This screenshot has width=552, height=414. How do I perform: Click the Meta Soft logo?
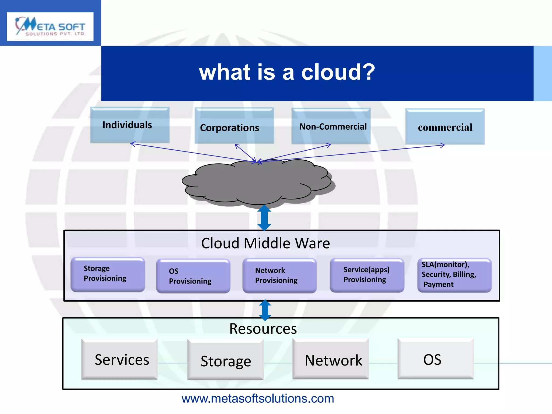click(x=50, y=26)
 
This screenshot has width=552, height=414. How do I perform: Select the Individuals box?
click(x=130, y=125)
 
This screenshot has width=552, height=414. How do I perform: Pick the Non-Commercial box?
click(x=331, y=126)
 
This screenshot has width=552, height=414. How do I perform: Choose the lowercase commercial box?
click(x=445, y=127)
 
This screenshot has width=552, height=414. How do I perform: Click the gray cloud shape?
click(x=257, y=183)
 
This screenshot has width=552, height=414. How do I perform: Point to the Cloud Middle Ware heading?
click(x=265, y=243)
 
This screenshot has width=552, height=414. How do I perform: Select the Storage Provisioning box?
click(x=108, y=274)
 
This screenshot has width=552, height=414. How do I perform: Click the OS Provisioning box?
click(x=193, y=276)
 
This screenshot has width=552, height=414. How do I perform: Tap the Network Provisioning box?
click(x=280, y=275)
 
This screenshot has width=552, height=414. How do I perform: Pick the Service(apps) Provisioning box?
click(x=367, y=275)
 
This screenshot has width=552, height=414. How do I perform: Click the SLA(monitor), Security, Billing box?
click(x=454, y=275)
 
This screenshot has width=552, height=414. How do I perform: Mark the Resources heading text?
click(x=263, y=329)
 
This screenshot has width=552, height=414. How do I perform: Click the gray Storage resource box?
click(x=226, y=361)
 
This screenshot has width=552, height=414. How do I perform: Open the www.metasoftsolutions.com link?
click(x=258, y=399)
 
